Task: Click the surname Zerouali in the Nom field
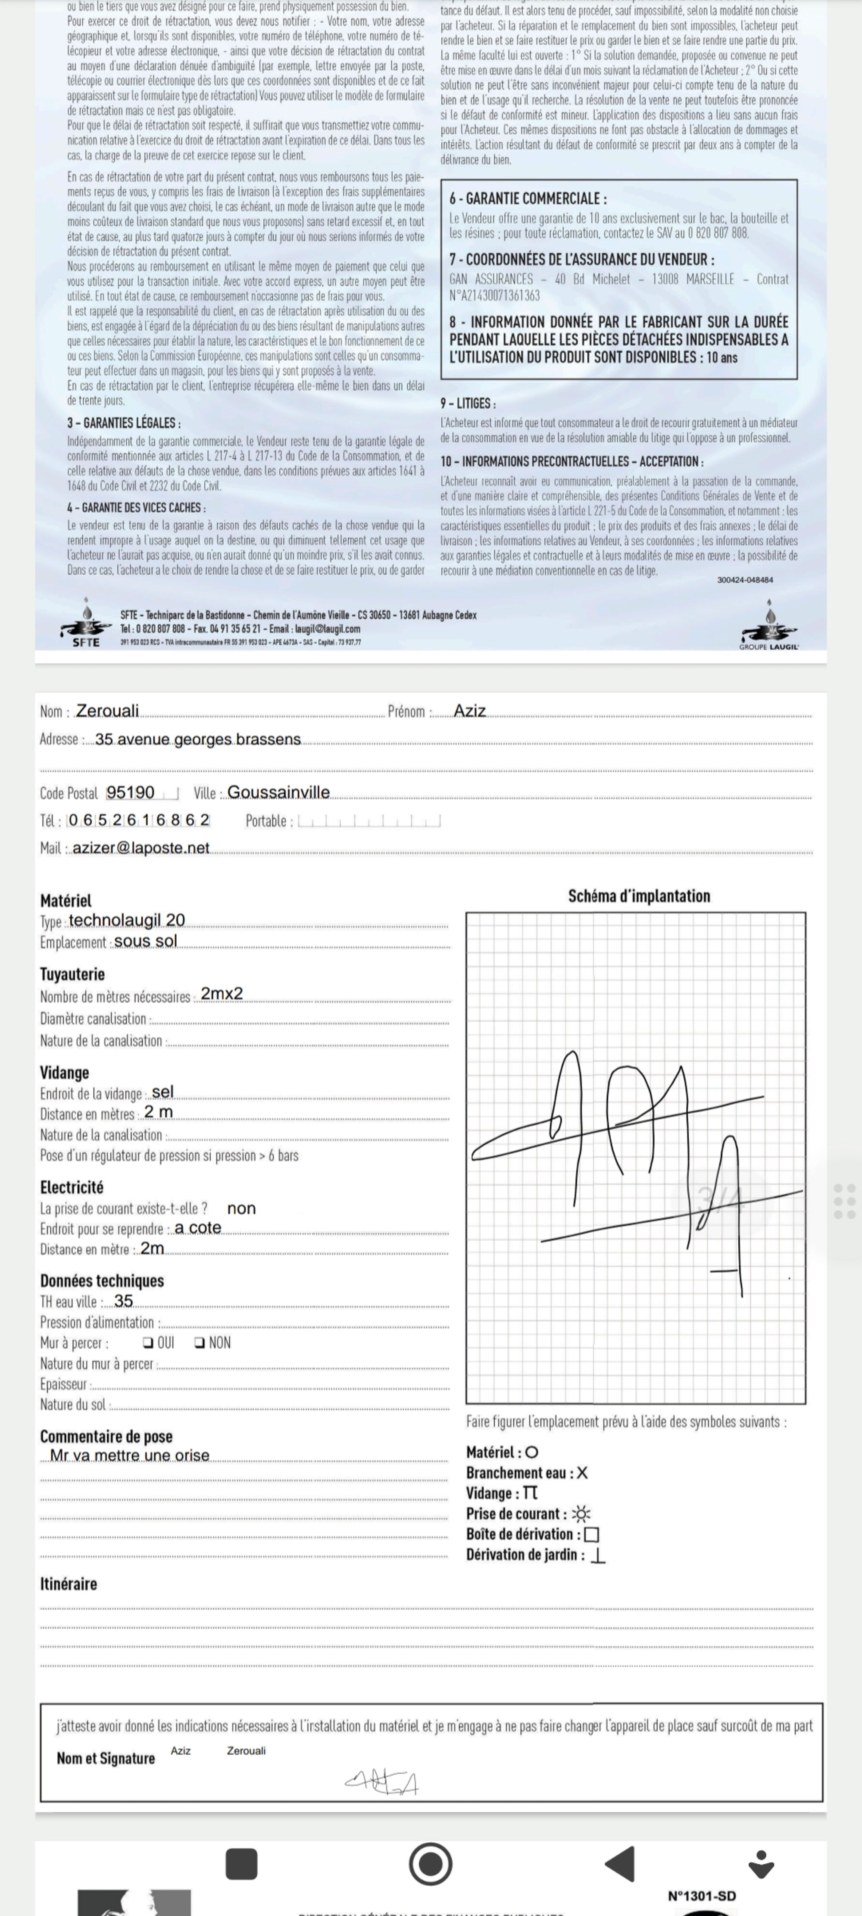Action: tap(107, 711)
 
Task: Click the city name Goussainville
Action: tap(278, 793)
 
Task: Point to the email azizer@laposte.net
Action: tap(141, 848)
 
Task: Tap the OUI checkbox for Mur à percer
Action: tap(148, 1343)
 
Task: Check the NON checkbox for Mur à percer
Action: tap(199, 1343)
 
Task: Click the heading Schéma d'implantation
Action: tap(638, 896)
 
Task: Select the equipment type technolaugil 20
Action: tap(126, 921)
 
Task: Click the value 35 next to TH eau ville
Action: tap(123, 1301)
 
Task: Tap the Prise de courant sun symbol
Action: tap(581, 1514)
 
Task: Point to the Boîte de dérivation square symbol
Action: tap(592, 1534)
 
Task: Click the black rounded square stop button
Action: tap(241, 1864)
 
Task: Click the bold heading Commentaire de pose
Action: tap(106, 1436)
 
